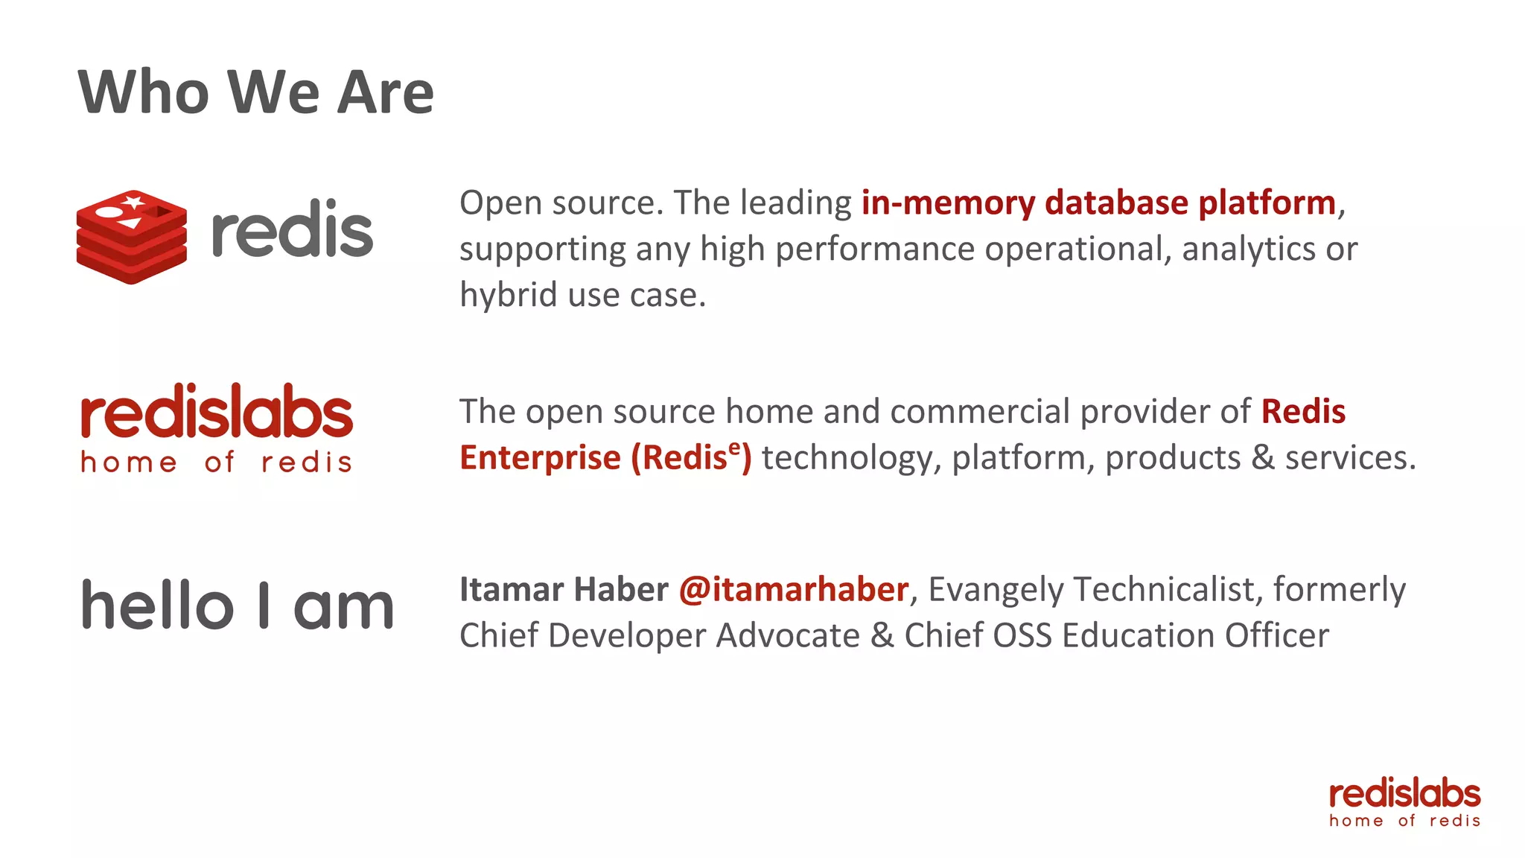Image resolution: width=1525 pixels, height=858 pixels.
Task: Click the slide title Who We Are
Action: coord(255,92)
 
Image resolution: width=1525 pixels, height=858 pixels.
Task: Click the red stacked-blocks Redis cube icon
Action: coord(131,237)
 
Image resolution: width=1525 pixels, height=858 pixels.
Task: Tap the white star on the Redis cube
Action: coord(134,201)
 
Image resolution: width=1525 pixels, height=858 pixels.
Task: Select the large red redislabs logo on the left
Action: coord(217,412)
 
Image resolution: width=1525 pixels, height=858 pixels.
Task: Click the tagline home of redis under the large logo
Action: coord(217,463)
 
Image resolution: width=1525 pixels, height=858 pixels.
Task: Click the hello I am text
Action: coord(238,606)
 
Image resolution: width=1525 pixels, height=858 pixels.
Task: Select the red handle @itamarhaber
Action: coord(793,590)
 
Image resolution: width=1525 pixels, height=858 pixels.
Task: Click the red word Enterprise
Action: coord(540,458)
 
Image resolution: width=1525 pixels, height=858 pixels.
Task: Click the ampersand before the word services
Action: coord(1263,458)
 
